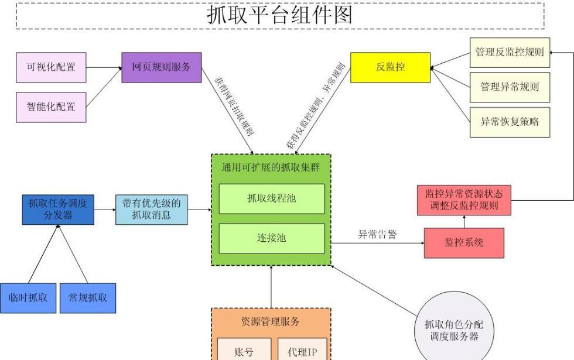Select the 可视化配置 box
click(x=50, y=68)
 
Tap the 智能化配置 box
click(x=50, y=107)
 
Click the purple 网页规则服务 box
click(x=161, y=67)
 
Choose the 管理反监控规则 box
click(x=510, y=53)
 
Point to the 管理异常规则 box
click(x=510, y=87)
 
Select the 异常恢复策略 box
click(x=510, y=122)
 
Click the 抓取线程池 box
click(x=271, y=199)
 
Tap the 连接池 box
click(x=271, y=238)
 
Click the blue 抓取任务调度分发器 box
click(x=57, y=210)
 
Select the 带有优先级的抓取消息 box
click(x=152, y=210)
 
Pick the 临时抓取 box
click(x=28, y=297)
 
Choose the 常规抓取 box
click(x=88, y=297)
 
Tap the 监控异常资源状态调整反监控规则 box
click(x=463, y=200)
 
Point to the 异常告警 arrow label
click(x=377, y=235)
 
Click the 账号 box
click(x=244, y=351)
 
